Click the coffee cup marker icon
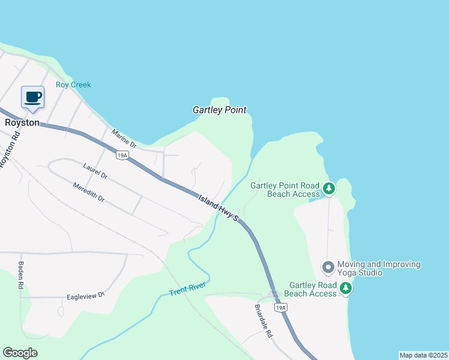point(32,97)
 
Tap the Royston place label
point(22,122)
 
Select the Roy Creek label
point(73,85)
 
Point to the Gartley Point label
point(220,110)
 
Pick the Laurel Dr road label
point(95,171)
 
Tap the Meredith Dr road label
point(89,192)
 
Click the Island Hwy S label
point(219,208)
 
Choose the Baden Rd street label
point(20,275)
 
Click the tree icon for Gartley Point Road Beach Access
point(329,189)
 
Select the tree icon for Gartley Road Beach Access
point(346,289)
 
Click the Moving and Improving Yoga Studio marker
point(328,266)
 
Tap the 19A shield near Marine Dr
point(122,156)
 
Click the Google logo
point(20,353)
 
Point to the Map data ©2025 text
point(423,355)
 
